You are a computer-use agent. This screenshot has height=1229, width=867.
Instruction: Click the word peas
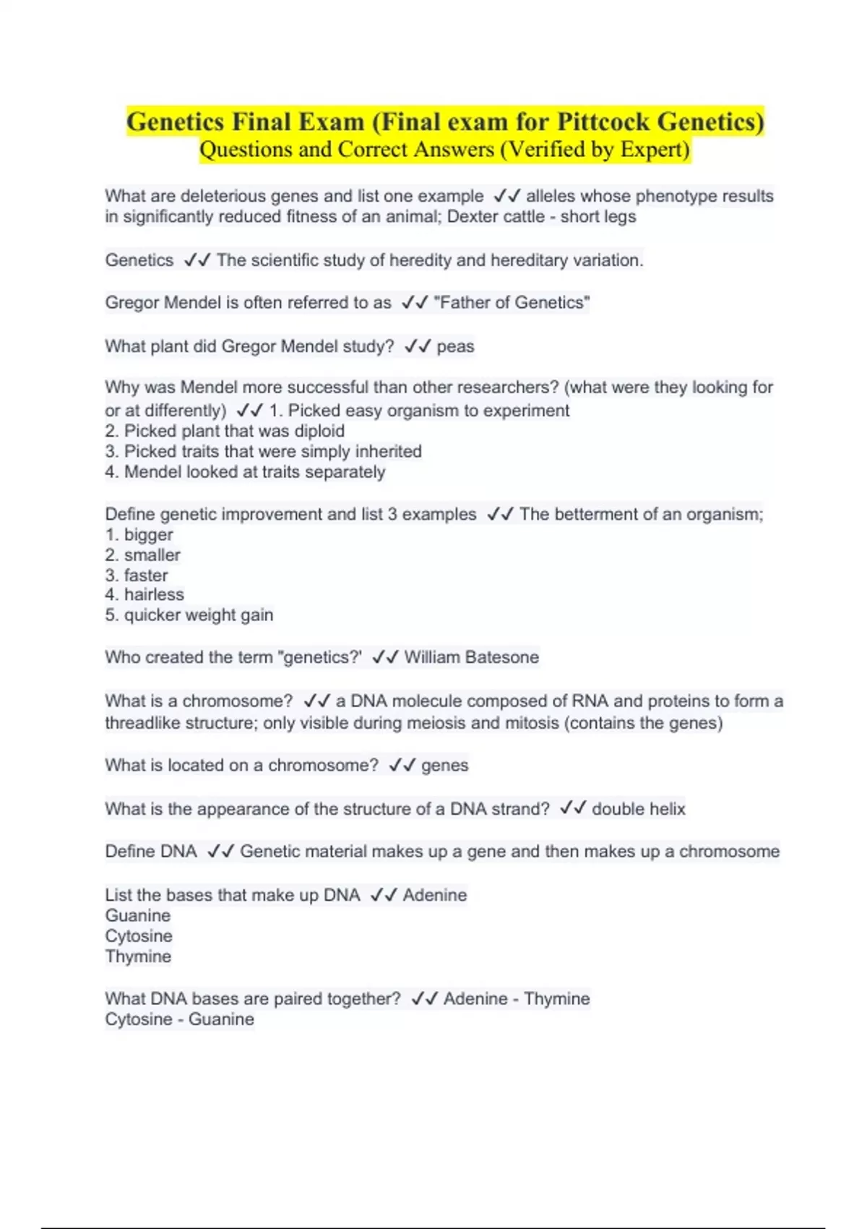point(455,346)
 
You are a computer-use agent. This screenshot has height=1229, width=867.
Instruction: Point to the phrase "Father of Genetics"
point(512,302)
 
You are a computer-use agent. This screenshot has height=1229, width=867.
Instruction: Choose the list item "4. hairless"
point(144,595)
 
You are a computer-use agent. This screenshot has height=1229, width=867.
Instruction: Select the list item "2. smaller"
point(142,555)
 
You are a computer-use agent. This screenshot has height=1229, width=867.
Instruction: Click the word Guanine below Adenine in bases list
point(138,915)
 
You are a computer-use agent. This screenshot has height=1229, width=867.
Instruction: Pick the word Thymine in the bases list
point(138,956)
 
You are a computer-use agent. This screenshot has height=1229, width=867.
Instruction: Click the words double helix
point(638,808)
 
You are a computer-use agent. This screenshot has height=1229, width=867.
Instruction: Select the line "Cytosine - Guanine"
point(179,1019)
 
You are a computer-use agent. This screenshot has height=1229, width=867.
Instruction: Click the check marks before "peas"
point(418,346)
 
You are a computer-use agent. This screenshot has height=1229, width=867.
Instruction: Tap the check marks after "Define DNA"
point(220,851)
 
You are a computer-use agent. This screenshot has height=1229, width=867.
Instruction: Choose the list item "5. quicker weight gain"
point(189,615)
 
